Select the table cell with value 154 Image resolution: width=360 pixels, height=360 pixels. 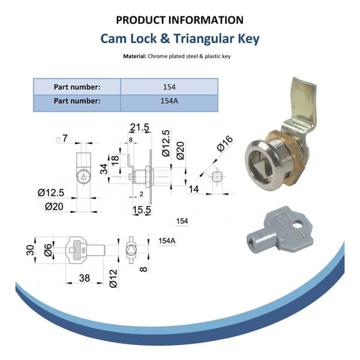pyautogui.click(x=169, y=87)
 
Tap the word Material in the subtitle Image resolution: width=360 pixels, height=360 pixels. pyautogui.click(x=134, y=56)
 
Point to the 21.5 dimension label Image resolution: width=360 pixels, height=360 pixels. pyautogui.click(x=140, y=127)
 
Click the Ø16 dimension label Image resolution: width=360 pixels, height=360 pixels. pyautogui.click(x=225, y=144)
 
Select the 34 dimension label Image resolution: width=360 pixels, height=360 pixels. pyautogui.click(x=104, y=169)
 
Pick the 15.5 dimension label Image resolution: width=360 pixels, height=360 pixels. pyautogui.click(x=142, y=210)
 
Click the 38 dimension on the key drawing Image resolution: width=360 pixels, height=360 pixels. pyautogui.click(x=84, y=278)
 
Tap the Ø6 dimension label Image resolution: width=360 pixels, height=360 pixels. pyautogui.click(x=48, y=250)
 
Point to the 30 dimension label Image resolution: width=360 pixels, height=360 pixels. pyautogui.click(x=30, y=250)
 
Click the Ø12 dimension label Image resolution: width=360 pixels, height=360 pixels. pyautogui.click(x=113, y=278)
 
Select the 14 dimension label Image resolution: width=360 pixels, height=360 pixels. pyautogui.click(x=194, y=190)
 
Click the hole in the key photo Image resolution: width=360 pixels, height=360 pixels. pyautogui.click(x=298, y=224)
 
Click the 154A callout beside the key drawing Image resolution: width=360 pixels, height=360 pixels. pyautogui.click(x=167, y=241)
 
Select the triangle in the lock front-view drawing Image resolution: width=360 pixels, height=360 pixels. pyautogui.click(x=83, y=177)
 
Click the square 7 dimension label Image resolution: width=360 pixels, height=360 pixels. pyautogui.click(x=62, y=139)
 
